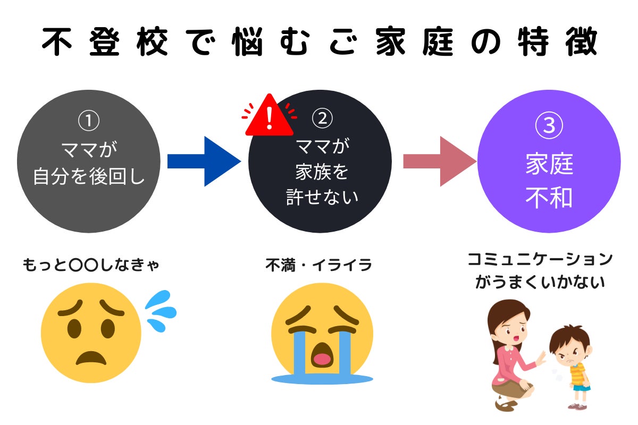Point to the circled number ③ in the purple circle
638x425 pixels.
tap(549, 126)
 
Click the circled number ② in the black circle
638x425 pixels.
tap(321, 120)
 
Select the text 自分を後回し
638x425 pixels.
tap(89, 176)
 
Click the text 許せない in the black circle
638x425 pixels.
tap(321, 198)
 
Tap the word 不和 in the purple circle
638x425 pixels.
tap(549, 198)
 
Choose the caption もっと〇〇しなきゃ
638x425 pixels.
tap(91, 265)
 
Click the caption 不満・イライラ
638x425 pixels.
tap(319, 265)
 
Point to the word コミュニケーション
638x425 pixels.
tap(540, 260)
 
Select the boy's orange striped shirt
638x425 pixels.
tap(578, 372)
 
